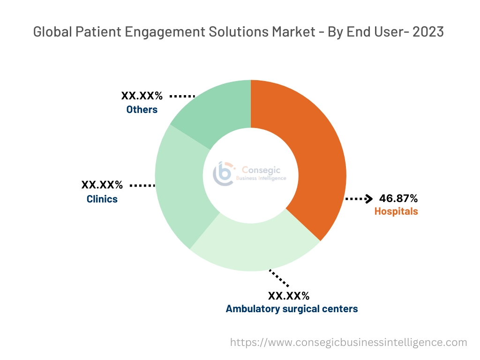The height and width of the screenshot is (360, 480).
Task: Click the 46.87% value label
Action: point(398,198)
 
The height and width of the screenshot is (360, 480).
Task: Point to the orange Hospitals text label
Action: point(396,211)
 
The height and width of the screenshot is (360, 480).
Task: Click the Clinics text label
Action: point(102,199)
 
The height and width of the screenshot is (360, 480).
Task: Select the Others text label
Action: point(142,110)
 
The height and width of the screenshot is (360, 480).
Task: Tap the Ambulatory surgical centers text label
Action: point(292,309)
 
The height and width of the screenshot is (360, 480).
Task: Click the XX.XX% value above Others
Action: point(142,96)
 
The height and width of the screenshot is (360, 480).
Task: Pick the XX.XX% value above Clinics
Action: point(102,185)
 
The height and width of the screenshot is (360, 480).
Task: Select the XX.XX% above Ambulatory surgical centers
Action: point(288,296)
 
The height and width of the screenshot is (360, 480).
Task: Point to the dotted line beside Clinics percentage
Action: point(142,186)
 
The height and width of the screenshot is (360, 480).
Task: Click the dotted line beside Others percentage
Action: point(182,96)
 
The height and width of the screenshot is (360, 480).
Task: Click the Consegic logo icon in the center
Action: point(224,174)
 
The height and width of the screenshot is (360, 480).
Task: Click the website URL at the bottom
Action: point(348,343)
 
